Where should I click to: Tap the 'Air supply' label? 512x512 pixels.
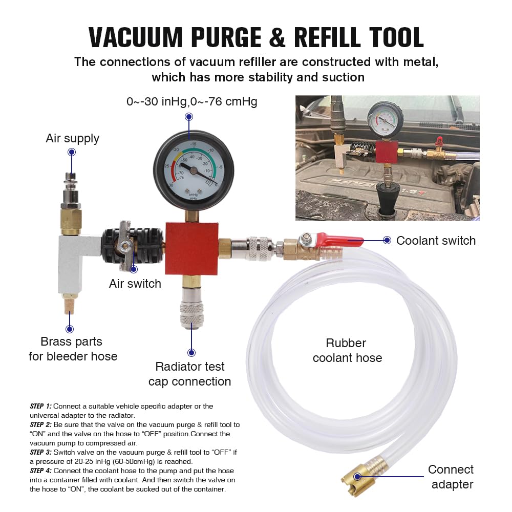(x=73, y=138)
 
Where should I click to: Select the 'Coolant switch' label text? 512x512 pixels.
(x=436, y=241)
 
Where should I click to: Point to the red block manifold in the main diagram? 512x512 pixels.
(x=191, y=249)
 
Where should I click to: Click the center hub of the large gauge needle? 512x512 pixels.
(x=194, y=170)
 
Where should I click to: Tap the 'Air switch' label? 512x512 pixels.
(x=135, y=284)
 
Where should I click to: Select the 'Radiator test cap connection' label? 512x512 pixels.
(x=190, y=374)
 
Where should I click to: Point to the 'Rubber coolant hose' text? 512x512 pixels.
(x=347, y=350)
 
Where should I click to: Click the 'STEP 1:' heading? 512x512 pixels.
(x=40, y=406)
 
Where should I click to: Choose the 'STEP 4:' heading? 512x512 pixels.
(x=40, y=471)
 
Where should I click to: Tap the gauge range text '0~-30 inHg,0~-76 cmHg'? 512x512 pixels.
(x=192, y=101)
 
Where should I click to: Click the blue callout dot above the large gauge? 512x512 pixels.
(x=189, y=117)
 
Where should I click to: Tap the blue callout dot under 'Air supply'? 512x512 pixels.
(x=72, y=152)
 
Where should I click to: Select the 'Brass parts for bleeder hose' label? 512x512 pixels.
(x=73, y=349)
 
